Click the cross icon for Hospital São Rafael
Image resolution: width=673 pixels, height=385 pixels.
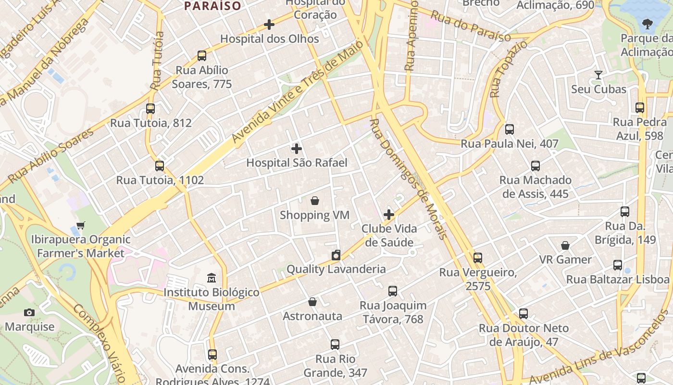297,148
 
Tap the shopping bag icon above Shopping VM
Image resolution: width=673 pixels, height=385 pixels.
315,200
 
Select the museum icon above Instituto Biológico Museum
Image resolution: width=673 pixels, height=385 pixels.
212,278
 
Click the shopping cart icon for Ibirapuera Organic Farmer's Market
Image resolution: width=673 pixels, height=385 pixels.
81,225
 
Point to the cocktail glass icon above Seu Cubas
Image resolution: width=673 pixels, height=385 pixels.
598,75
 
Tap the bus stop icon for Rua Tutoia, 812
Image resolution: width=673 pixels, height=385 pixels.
150,108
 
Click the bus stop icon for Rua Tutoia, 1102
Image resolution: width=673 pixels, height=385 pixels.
160,166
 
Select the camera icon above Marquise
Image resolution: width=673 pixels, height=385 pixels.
29,312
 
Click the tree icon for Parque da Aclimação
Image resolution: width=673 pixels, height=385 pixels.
648,24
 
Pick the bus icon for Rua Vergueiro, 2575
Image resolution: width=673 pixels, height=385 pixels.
477,258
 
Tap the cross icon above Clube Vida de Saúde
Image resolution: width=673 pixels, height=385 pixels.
389,214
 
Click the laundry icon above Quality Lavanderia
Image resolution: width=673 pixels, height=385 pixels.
336,255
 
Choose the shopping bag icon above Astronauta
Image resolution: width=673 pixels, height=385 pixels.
312,302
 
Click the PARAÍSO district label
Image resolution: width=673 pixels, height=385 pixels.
213,6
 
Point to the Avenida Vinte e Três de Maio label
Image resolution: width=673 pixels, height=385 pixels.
298,96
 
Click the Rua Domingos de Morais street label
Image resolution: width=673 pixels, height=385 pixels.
409,178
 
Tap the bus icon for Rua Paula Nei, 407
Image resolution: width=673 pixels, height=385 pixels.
510,129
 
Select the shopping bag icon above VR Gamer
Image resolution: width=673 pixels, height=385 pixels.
565,245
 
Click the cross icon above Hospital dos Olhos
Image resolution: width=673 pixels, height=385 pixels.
269,24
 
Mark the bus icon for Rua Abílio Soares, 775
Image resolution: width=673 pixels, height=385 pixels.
202,56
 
